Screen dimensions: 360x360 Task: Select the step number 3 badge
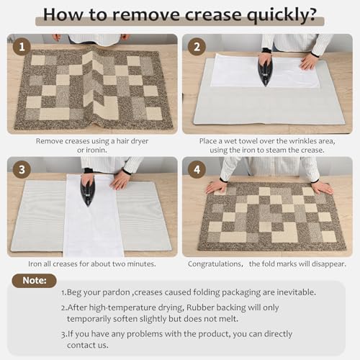(x=22, y=171)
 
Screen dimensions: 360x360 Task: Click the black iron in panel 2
(x=266, y=71)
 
